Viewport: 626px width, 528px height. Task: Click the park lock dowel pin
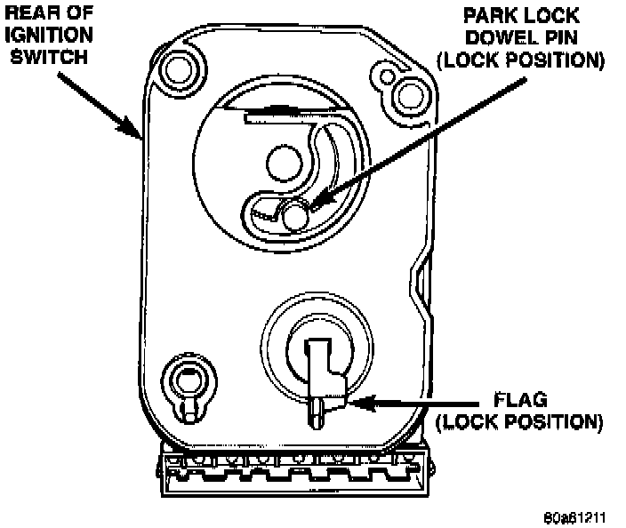tap(294, 213)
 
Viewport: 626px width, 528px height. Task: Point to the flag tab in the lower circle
tap(321, 373)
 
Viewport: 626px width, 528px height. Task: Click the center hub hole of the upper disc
tap(285, 162)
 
